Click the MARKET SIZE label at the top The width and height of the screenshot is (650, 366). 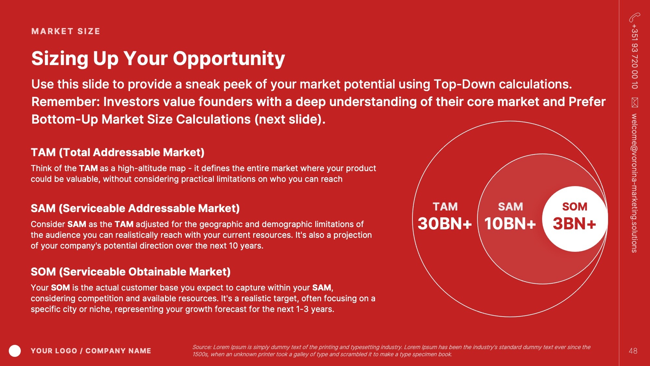click(x=66, y=31)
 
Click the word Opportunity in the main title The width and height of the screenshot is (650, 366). click(x=229, y=59)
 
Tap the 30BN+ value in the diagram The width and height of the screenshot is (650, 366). click(x=445, y=224)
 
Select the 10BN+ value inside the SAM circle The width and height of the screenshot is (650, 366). click(x=510, y=224)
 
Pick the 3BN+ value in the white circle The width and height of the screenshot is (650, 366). click(x=574, y=224)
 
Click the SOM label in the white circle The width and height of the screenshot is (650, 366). click(x=575, y=207)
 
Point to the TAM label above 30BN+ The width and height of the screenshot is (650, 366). click(x=445, y=207)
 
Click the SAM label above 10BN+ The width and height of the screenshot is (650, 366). click(x=510, y=207)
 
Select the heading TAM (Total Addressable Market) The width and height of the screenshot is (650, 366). click(x=118, y=152)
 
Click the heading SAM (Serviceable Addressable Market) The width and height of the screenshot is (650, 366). click(x=135, y=208)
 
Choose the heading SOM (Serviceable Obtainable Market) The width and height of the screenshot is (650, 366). click(x=131, y=272)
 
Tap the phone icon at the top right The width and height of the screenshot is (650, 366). click(x=634, y=17)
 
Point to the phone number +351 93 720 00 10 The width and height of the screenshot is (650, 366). click(x=635, y=56)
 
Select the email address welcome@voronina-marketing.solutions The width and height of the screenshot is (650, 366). click(x=634, y=183)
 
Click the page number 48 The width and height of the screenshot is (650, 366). click(x=633, y=351)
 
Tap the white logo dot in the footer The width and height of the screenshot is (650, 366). click(x=15, y=351)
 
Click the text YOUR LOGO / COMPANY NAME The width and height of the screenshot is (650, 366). click(x=91, y=351)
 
